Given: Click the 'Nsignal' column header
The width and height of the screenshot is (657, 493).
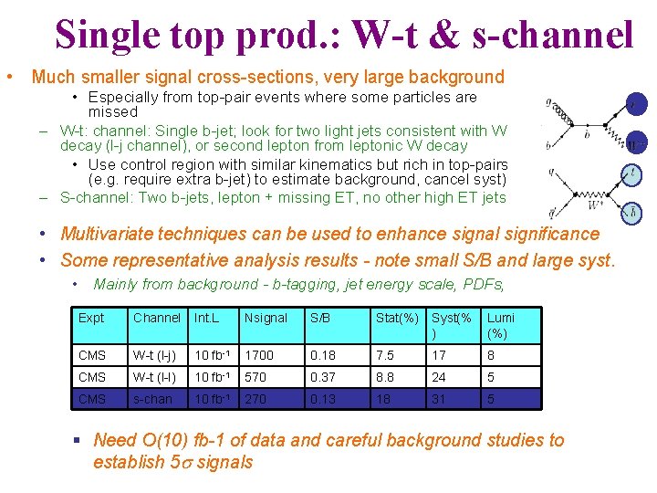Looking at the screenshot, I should [266, 318].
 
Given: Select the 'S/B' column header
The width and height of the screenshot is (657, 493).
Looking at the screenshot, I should [319, 318].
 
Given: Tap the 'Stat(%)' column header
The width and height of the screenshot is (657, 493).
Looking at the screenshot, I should [397, 318].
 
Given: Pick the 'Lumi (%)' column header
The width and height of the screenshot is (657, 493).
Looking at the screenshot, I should [501, 325].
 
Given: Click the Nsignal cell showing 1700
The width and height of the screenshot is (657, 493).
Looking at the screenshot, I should [260, 355].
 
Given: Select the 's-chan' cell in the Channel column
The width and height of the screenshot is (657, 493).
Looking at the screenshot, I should [152, 399].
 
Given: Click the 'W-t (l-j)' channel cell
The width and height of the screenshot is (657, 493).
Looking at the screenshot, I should [156, 355].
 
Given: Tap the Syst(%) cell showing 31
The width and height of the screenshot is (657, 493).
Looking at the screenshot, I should [439, 399].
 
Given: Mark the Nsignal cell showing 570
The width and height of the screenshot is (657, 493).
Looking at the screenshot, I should [256, 377].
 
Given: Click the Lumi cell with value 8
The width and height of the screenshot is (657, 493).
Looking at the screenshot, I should [492, 355].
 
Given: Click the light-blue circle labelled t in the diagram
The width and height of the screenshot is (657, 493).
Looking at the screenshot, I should [633, 172].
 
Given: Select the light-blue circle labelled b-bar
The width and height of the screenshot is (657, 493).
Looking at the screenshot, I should [633, 214].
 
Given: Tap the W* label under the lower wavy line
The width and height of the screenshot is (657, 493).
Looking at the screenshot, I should [594, 206].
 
